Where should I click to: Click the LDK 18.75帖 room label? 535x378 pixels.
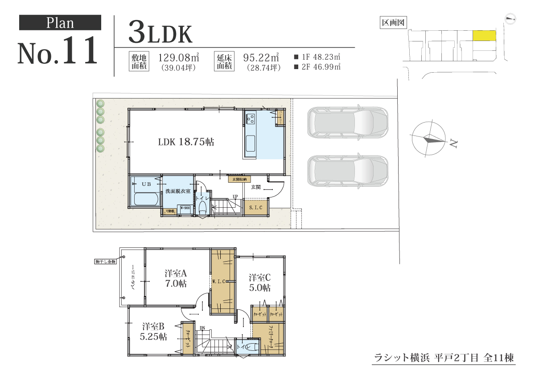coord(186,142)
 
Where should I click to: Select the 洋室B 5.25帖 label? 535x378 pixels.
coord(153,332)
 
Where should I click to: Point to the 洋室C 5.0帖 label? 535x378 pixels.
coord(259,282)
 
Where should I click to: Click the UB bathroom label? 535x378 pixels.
coord(146,184)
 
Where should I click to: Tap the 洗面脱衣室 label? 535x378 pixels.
coord(178,191)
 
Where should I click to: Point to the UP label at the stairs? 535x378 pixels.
coord(235,197)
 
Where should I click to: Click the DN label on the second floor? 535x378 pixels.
coord(202,329)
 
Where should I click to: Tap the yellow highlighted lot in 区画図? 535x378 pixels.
coord(484,36)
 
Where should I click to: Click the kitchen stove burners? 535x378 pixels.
coord(251,119)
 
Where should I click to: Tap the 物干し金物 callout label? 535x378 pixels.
coord(106,262)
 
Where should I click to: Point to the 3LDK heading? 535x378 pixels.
coord(160,33)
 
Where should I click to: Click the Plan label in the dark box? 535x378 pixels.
coord(60,23)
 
